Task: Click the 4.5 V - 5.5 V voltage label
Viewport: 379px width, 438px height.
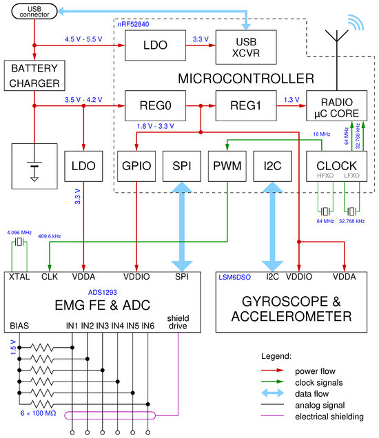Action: click(x=85, y=39)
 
